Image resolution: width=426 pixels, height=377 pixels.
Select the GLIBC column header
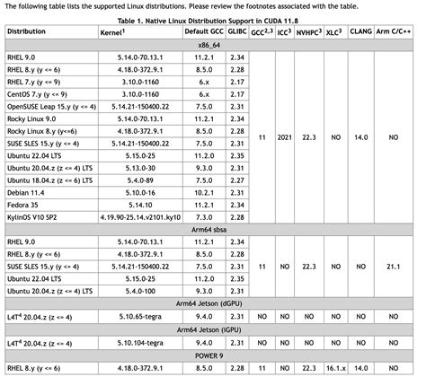(x=237, y=31)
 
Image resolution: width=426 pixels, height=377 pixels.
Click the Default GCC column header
(x=202, y=31)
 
